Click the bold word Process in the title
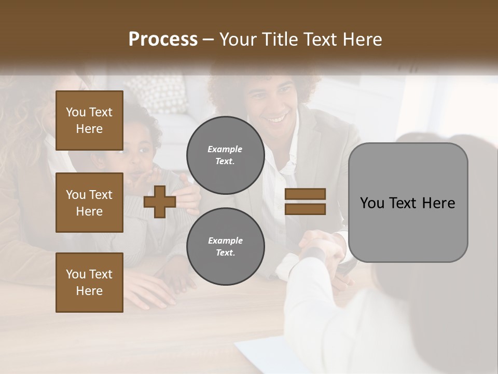[163, 39]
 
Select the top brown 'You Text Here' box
[89, 121]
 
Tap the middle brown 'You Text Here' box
[89, 203]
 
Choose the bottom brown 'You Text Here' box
[89, 282]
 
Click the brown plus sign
[159, 202]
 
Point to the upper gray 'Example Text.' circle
[225, 155]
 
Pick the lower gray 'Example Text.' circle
[225, 247]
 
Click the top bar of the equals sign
[305, 194]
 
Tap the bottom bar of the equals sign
[305, 209]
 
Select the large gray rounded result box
[408, 203]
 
